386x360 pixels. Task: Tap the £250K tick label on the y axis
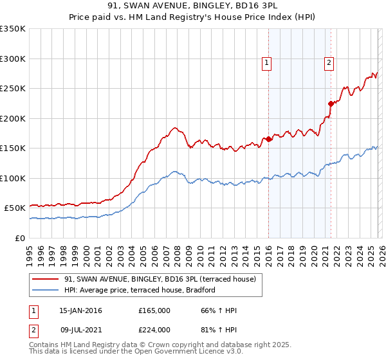13,89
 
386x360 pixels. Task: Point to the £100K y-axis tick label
13,178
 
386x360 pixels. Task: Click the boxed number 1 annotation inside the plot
266,63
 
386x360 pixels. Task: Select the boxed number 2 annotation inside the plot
329,63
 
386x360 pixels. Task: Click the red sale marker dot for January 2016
268,139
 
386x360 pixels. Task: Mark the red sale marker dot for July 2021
331,104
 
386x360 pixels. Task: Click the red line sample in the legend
46,279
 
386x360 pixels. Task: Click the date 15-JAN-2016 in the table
81,310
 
